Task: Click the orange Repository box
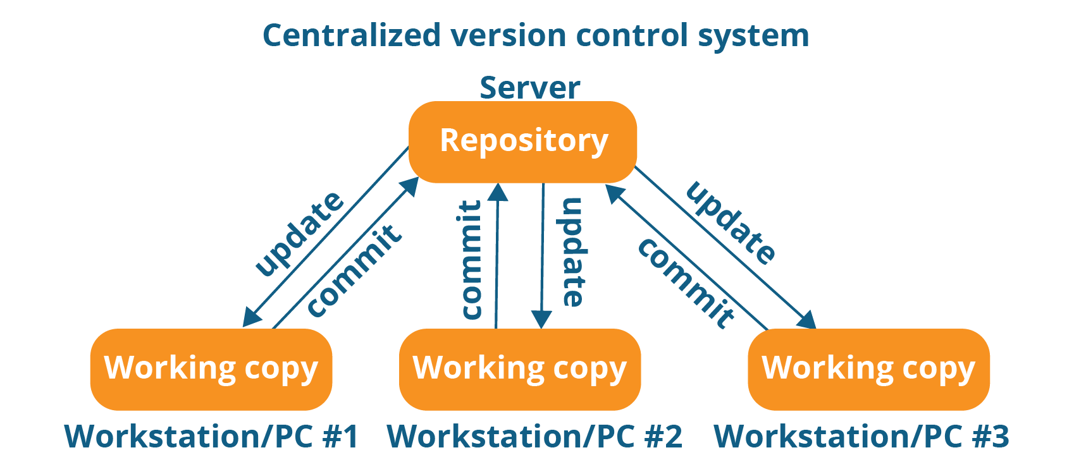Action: click(522, 142)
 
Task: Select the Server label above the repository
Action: click(529, 88)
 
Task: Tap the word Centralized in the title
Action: click(351, 35)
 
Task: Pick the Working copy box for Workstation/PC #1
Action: click(211, 369)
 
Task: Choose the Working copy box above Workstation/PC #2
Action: click(519, 369)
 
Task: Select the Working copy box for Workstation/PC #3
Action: click(868, 369)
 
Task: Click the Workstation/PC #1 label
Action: click(211, 436)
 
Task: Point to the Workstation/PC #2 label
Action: click(534, 436)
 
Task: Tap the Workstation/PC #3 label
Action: click(861, 436)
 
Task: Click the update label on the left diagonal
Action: click(299, 234)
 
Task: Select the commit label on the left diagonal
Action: click(354, 270)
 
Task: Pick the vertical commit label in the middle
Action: click(471, 260)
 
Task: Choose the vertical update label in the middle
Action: click(572, 253)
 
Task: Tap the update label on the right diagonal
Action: click(731, 222)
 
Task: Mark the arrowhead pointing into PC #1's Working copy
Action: click(251, 318)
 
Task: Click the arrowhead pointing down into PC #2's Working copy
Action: click(541, 319)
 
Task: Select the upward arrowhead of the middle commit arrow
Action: click(499, 191)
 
